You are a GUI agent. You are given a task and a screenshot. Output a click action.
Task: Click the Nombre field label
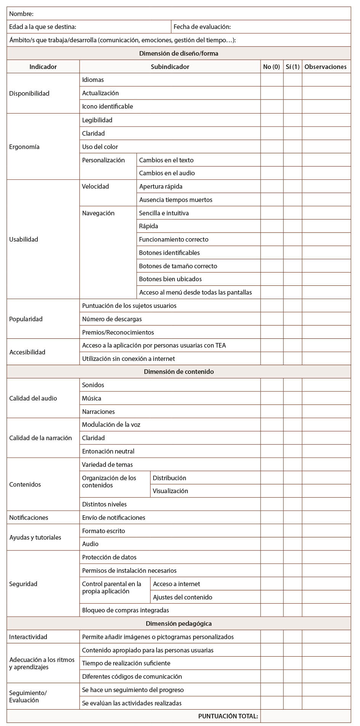coord(21,14)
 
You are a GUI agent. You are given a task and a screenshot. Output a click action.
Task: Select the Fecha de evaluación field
coord(261,27)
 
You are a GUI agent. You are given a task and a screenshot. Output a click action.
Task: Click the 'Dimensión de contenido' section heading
coord(179,372)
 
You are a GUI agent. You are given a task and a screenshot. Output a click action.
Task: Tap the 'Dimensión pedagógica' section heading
coord(179,623)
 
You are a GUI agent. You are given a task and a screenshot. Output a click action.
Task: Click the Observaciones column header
coord(326,67)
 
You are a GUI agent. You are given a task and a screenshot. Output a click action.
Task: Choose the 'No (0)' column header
coord(272,67)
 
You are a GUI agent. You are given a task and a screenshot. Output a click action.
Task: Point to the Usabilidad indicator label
coord(24,239)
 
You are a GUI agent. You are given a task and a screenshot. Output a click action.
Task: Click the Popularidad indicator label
coord(26,319)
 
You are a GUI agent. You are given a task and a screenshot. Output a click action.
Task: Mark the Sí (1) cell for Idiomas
coord(293,80)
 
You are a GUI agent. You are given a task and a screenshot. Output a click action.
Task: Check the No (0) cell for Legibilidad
coord(272,120)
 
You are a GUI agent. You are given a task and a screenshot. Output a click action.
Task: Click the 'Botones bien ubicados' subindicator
coord(170,279)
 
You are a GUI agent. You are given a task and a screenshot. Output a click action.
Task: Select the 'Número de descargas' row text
coord(112,319)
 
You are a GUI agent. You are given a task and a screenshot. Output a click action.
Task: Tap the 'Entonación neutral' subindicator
coord(108,451)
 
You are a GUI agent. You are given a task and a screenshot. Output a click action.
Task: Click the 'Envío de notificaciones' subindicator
coord(114,518)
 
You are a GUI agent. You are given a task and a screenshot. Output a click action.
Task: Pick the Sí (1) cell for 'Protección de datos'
coord(293,557)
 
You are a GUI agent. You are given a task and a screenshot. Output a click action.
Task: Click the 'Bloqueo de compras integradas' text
coord(125,610)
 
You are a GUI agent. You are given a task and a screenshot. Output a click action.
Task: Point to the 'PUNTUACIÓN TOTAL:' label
coord(228,716)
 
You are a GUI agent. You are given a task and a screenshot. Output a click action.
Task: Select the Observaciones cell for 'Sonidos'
coord(326,385)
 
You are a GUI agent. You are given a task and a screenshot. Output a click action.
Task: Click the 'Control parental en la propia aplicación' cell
coord(112,588)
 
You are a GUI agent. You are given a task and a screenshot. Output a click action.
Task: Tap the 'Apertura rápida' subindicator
coord(161,186)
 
